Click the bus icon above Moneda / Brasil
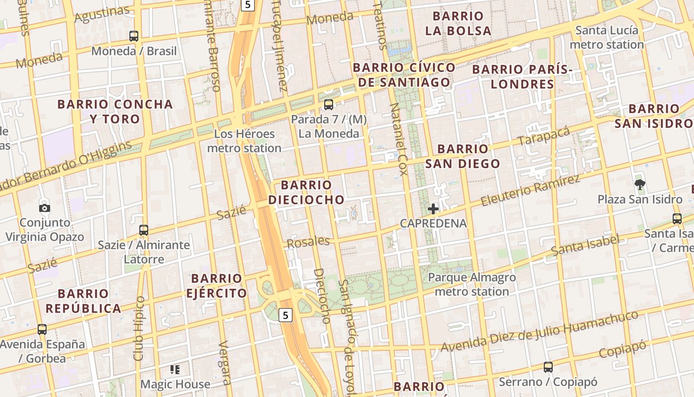tap(134, 36)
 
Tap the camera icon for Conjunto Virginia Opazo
tap(45, 208)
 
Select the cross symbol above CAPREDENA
tap(433, 209)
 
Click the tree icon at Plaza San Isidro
tap(639, 185)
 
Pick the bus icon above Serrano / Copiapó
tap(548, 367)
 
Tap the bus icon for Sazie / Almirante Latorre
tap(144, 230)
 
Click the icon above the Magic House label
tap(174, 369)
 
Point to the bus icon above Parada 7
tap(328, 104)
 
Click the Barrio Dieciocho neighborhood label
tap(306, 193)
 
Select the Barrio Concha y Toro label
tap(115, 112)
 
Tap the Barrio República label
tap(83, 301)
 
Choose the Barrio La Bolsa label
tap(458, 23)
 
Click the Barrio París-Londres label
tap(522, 76)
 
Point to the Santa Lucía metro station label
tap(607, 38)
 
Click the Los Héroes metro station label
tap(244, 141)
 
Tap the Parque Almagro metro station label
tap(472, 284)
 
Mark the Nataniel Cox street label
tap(399, 139)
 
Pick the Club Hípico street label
tap(139, 329)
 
